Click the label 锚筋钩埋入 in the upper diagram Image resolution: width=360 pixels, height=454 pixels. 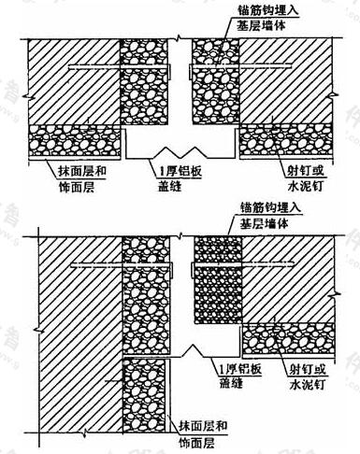266,11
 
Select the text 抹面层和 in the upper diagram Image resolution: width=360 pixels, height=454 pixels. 82,171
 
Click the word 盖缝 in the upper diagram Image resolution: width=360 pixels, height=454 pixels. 170,187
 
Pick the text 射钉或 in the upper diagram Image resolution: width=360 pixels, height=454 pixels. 306,171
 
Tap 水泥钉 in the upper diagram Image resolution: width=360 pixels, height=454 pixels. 305,187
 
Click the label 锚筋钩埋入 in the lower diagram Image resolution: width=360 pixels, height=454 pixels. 270,207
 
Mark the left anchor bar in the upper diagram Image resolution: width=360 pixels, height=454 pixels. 120,67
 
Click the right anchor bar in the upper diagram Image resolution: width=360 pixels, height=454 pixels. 240,66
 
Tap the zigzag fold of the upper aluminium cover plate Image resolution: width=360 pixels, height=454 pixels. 180,152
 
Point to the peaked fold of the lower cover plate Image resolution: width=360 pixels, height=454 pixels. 194,349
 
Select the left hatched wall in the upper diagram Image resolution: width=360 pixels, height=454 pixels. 74,82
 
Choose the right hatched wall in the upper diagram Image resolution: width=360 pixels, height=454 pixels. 285,81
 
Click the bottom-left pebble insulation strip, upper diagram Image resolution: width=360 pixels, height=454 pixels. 74,141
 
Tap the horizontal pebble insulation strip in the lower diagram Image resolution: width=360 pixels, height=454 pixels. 289,338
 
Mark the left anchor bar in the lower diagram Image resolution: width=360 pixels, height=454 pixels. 122,265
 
